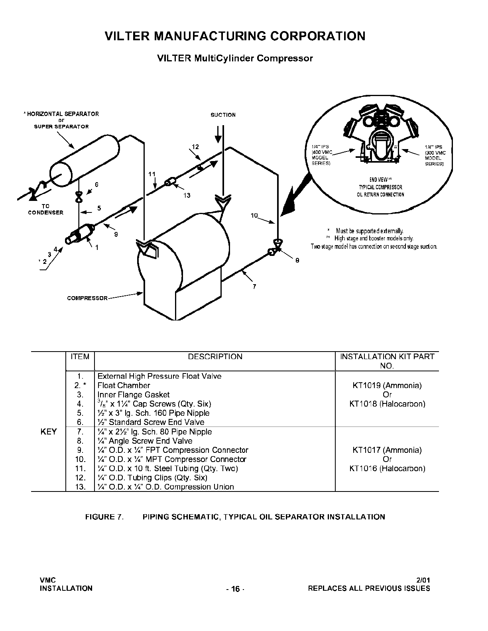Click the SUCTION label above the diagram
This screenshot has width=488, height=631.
[x=223, y=115]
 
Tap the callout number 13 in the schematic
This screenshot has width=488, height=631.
[x=187, y=195]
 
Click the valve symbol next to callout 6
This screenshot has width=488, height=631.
[x=79, y=197]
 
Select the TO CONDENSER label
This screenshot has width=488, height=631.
[x=45, y=209]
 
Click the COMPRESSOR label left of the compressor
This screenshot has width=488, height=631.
[x=87, y=298]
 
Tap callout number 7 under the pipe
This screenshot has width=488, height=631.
[x=254, y=287]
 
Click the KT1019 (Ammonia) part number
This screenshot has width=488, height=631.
[x=387, y=385]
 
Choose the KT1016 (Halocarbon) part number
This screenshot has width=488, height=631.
[x=387, y=468]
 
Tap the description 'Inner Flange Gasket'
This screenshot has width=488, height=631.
[x=133, y=395]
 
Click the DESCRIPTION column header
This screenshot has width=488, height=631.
[x=215, y=357]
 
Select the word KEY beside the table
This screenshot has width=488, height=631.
[x=49, y=432]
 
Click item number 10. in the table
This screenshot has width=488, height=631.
[x=80, y=459]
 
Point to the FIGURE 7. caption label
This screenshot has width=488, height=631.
[x=104, y=517]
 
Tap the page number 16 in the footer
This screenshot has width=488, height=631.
[x=235, y=589]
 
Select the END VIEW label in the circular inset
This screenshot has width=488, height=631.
[x=380, y=180]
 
